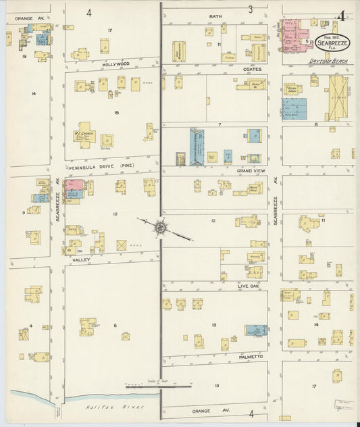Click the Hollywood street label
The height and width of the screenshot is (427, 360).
[x=115, y=64]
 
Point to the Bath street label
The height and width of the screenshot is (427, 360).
[x=215, y=16]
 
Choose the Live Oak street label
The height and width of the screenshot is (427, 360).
[x=249, y=286]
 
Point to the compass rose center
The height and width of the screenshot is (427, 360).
[x=161, y=228]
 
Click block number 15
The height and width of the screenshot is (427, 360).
[x=116, y=112]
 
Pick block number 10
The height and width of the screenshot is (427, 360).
[x=115, y=214]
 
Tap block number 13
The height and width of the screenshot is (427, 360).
[x=214, y=325]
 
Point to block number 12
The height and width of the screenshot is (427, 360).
[x=213, y=221]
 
